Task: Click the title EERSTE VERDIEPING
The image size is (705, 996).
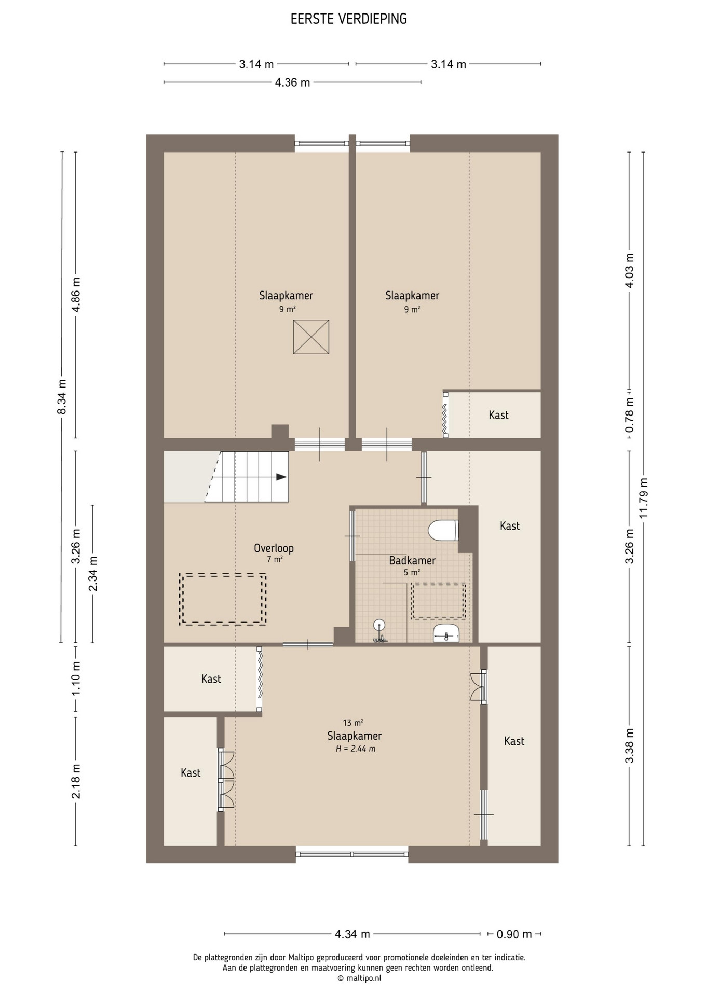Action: tap(349, 19)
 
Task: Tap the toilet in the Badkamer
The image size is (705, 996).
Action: tap(443, 530)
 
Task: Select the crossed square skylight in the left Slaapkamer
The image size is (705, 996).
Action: tap(311, 337)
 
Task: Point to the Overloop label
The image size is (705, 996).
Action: tap(274, 548)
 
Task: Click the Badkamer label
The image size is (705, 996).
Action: tap(412, 560)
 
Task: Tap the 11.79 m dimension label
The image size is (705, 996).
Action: tap(644, 497)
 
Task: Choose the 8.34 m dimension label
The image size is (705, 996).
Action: tap(62, 397)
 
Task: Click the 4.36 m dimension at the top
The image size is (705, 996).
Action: tap(292, 82)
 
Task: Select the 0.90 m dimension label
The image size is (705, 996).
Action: tap(514, 934)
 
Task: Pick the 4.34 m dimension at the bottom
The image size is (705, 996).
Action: tap(353, 934)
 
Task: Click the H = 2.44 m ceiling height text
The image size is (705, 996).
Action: tap(356, 749)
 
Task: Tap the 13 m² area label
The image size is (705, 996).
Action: tap(353, 723)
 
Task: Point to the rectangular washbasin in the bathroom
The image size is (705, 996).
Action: tap(446, 633)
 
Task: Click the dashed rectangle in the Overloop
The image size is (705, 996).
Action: tap(223, 599)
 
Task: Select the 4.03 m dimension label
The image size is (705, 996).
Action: tap(629, 270)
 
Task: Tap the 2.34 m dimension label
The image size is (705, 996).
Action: tap(93, 574)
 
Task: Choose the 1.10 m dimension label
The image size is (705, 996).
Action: tap(76, 679)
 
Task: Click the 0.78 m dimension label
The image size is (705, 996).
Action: tap(629, 415)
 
